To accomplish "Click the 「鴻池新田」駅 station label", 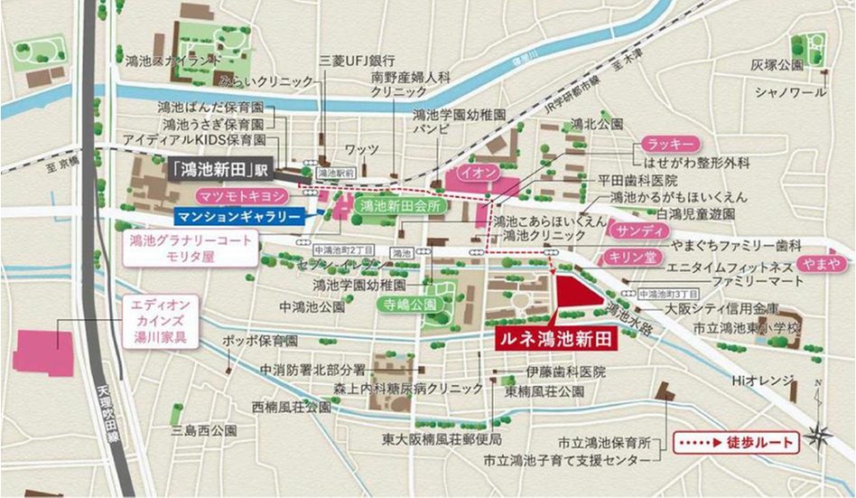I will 220,169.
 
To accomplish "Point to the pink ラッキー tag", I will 669,145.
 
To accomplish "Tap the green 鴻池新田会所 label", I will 393,206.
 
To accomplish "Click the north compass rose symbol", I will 820,434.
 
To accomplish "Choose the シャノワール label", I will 790,92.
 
